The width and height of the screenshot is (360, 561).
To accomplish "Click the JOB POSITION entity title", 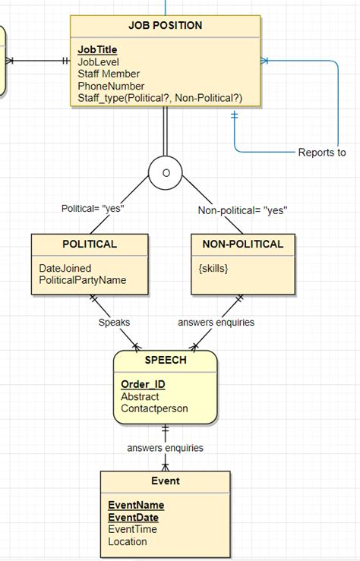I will coord(165,25).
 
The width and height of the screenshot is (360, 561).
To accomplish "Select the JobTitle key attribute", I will coord(97,49).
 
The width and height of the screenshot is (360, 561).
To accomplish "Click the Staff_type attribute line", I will coord(159,98).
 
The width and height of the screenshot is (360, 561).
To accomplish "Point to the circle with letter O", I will coord(165,172).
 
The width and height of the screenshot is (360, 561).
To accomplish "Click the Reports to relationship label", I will coord(321,153).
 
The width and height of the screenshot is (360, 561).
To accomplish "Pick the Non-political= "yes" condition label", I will coord(242,210).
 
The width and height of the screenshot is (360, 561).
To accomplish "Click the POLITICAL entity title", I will coord(90,244).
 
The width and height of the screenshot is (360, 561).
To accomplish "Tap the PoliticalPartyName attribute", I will coord(83,280).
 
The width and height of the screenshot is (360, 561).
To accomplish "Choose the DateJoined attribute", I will coord(65,268).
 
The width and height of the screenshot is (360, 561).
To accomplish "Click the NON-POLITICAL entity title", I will coord(242,244).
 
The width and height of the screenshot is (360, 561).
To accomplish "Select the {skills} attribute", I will coord(213,269).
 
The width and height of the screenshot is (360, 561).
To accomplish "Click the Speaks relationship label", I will coord(113,322).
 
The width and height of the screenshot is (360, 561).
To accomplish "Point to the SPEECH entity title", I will coord(165,360).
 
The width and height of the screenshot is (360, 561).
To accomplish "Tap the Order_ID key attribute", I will coord(143,384).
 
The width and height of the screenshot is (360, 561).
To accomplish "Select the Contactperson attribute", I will coord(154,408).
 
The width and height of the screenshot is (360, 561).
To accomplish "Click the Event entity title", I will coord(165,481).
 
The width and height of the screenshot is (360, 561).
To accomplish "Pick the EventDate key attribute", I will coord(134,517).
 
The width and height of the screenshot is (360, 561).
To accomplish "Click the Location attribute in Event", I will coord(128,541).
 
